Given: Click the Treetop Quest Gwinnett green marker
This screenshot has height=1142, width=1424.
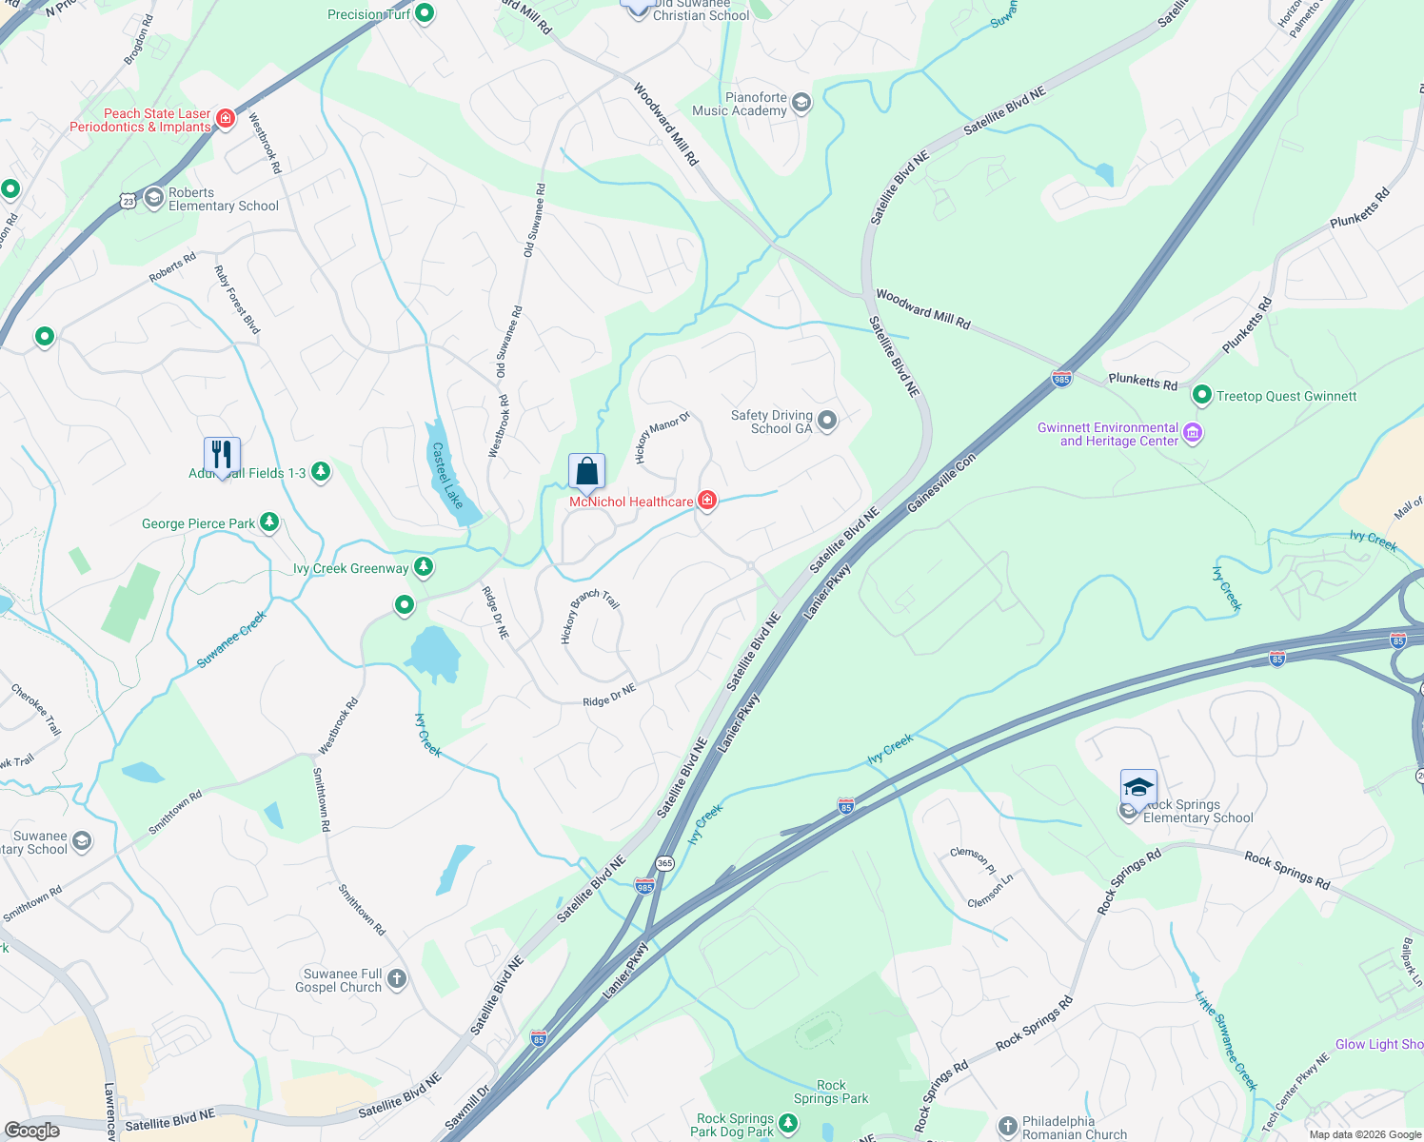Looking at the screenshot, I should tap(1201, 395).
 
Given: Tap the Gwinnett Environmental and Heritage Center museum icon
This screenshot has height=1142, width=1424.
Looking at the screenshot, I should tap(1193, 434).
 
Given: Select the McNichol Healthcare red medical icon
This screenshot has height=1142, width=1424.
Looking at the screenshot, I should tap(707, 501).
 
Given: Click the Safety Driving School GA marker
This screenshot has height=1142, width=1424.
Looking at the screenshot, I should tap(827, 421).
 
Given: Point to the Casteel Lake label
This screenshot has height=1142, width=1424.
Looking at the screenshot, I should tap(447, 475).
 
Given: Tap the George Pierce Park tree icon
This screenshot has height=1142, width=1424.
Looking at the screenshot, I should tap(269, 522).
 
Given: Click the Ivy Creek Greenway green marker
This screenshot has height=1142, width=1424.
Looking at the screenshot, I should tap(424, 568).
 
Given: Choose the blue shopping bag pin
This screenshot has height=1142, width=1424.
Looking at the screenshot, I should tap(586, 472).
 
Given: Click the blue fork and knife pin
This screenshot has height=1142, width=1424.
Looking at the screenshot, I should tap(222, 456).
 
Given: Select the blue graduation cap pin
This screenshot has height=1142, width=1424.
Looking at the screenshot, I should tap(1138, 788).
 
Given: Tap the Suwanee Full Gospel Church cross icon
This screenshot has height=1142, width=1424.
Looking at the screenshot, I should tap(397, 979).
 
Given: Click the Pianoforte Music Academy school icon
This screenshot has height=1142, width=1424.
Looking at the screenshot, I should tap(801, 103).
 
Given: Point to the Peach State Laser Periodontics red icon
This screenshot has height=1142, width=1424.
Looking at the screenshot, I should tap(226, 119).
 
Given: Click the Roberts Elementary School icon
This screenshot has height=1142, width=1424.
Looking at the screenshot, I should tap(154, 199).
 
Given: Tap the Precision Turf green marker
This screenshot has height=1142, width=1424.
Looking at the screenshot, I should tap(425, 13).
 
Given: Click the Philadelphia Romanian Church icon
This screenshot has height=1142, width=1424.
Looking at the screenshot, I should tap(1008, 1127).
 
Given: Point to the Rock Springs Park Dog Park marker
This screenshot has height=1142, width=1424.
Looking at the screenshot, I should tap(788, 1124).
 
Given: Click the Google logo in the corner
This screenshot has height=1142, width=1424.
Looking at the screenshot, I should tap(32, 1130).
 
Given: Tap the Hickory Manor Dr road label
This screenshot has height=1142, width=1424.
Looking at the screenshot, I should tap(662, 439).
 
